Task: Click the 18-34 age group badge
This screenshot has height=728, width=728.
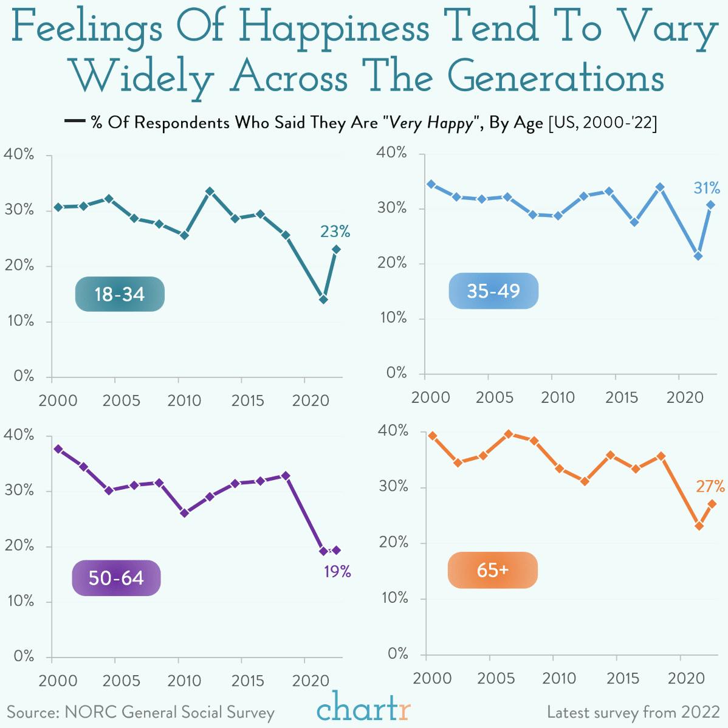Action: point(120,294)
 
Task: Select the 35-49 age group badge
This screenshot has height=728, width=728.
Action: point(493,291)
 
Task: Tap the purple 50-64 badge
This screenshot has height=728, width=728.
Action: point(116,577)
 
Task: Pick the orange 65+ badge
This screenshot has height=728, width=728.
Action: point(493,570)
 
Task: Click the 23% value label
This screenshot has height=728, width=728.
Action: point(335,232)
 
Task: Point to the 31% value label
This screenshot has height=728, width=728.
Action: point(707,188)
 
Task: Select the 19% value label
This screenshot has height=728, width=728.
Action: point(337,571)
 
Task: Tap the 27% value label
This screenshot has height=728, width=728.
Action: point(710,486)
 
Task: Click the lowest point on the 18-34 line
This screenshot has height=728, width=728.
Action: point(323,300)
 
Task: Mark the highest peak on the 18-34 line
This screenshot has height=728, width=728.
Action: point(210,191)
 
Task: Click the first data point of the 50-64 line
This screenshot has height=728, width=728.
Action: point(58,449)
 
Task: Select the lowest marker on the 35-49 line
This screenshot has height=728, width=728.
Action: point(698,256)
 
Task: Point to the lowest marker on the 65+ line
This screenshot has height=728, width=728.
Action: point(699,526)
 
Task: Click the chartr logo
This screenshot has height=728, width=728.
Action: point(363,709)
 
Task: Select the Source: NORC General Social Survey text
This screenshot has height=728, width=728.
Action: point(140,712)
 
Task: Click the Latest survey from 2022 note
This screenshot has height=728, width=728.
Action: point(633,712)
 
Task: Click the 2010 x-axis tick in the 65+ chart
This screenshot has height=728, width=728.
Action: point(558,678)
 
